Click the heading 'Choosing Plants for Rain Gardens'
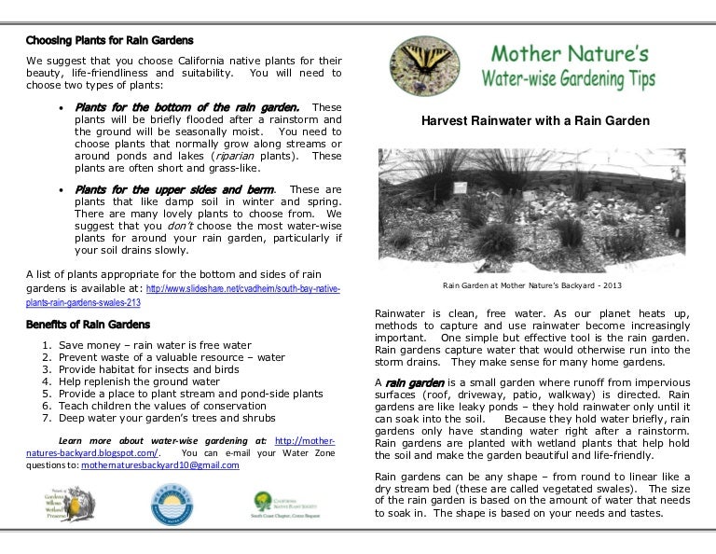110,41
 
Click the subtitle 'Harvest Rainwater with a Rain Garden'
535,122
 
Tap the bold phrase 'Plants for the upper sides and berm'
174,189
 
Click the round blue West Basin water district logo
167,508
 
